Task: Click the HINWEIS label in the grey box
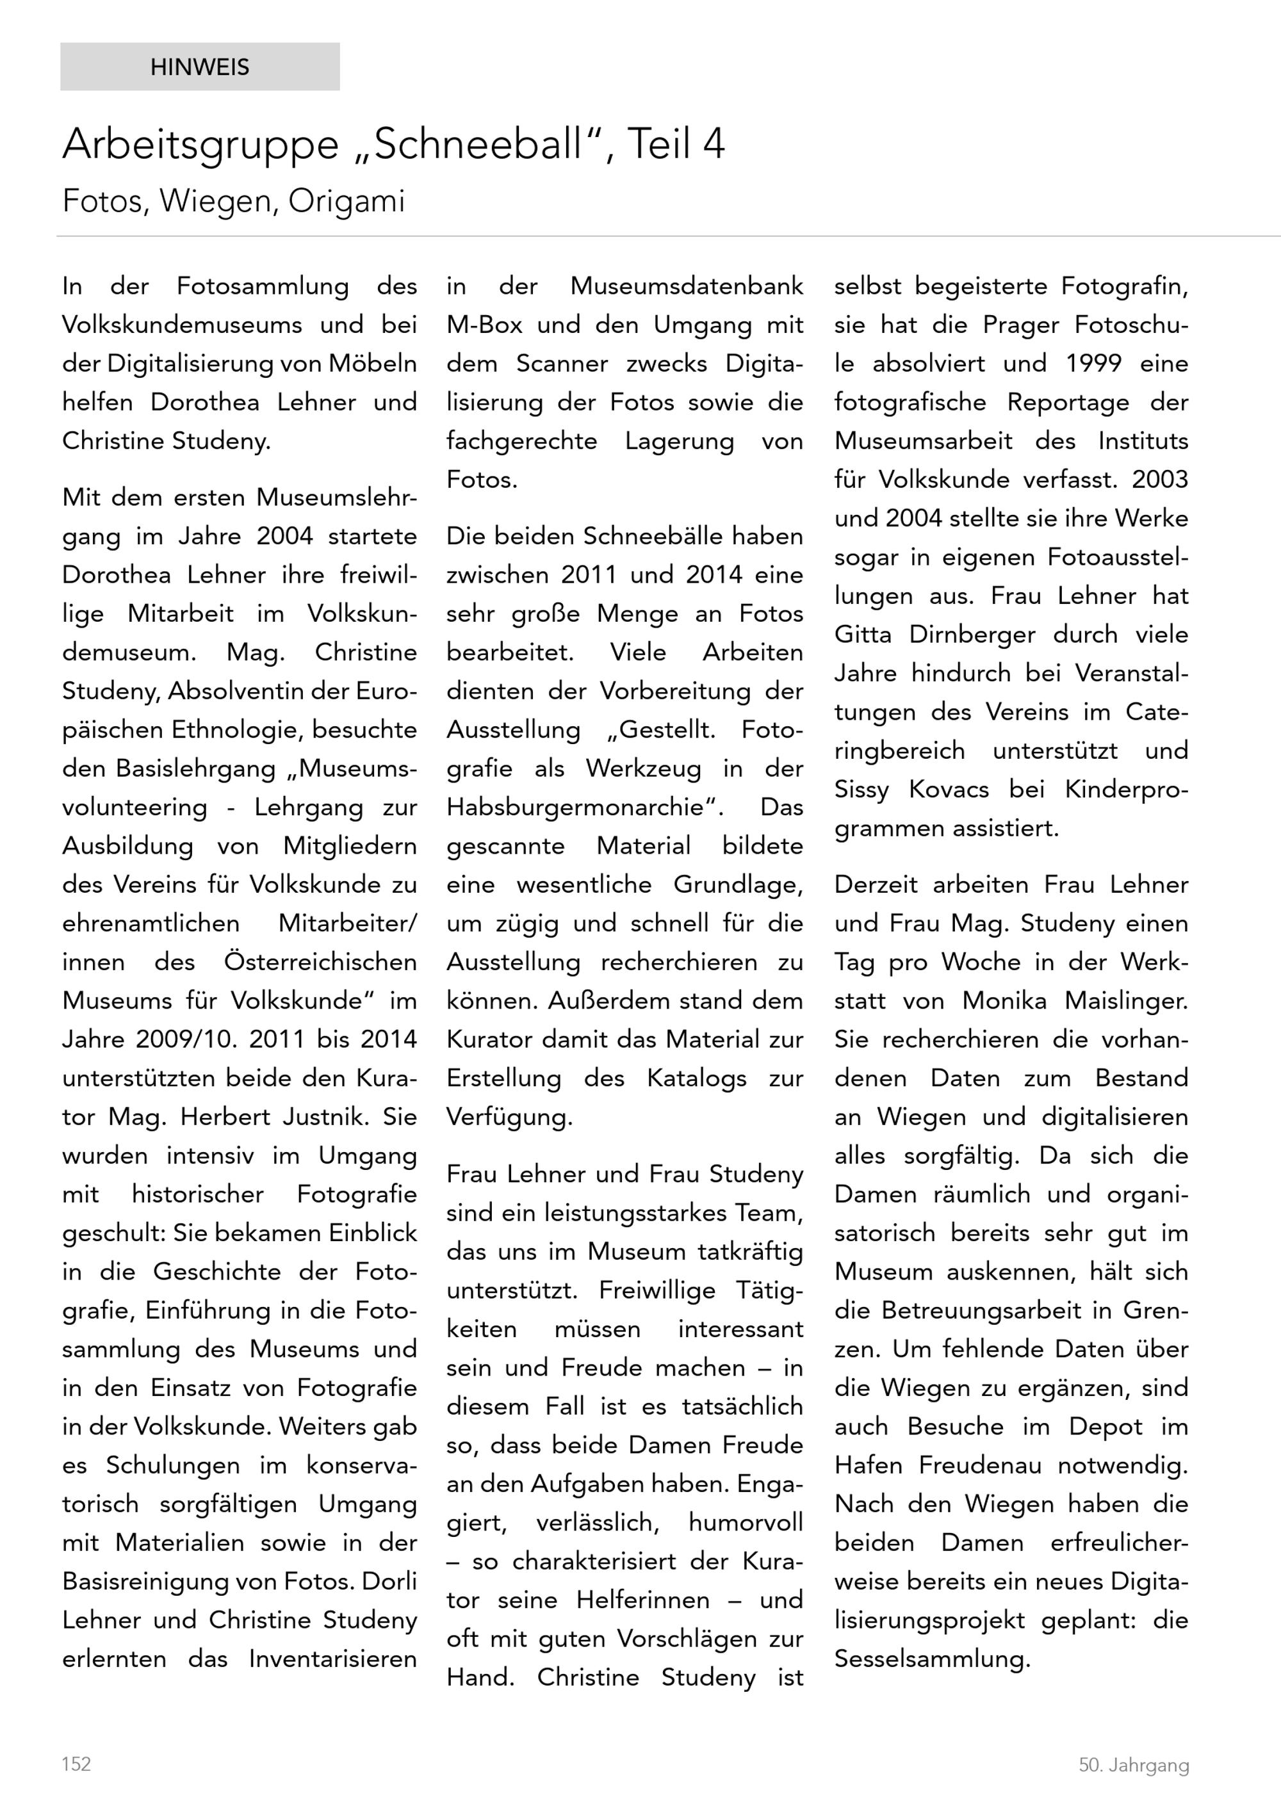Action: (x=200, y=67)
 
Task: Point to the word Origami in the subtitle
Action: (x=347, y=201)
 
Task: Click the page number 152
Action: (x=76, y=1764)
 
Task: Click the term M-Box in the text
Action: (x=484, y=325)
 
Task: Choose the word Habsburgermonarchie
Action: (x=585, y=807)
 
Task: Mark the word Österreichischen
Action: (x=320, y=962)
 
